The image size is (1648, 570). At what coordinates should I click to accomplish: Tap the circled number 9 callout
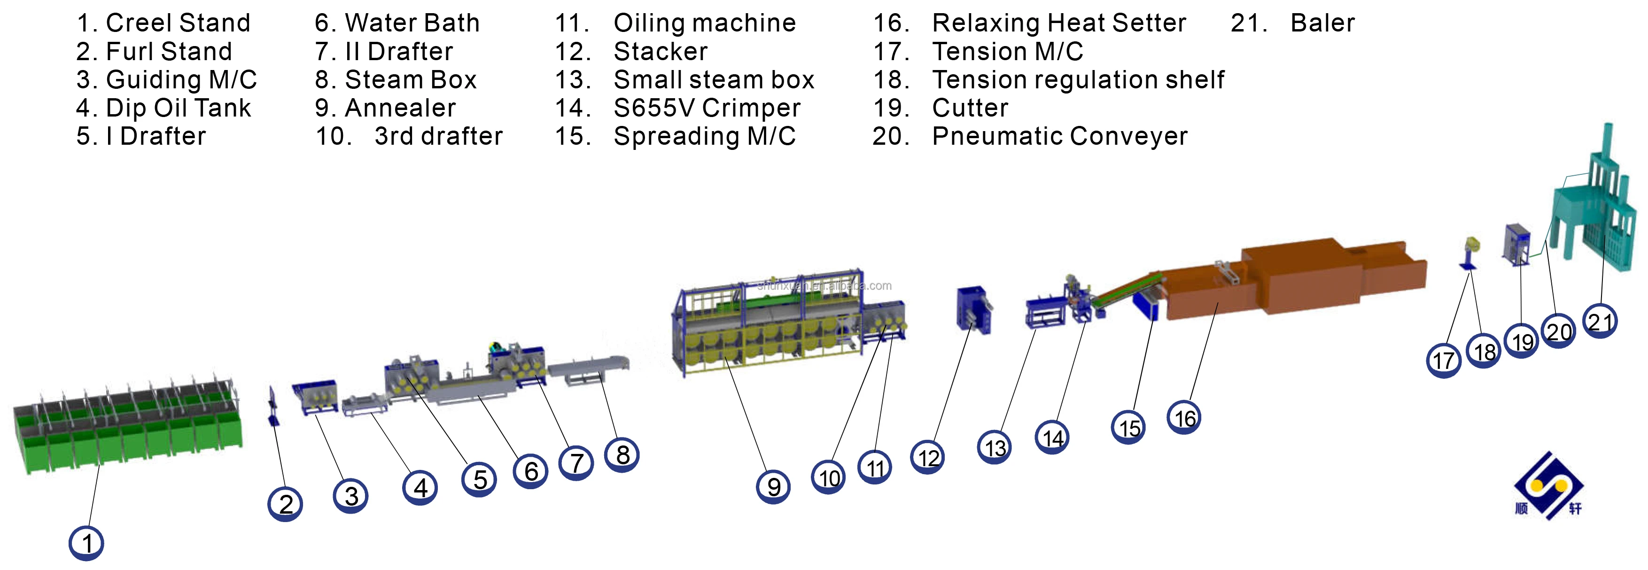click(x=773, y=487)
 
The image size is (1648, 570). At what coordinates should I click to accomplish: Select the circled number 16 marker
click(x=1184, y=418)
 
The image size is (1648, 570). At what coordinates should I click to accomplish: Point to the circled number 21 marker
click(x=1600, y=320)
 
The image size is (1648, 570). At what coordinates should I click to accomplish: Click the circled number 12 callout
click(x=928, y=457)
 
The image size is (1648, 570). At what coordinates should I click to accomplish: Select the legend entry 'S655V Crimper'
click(x=706, y=108)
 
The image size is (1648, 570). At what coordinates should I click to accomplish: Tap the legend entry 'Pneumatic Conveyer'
click(x=1059, y=136)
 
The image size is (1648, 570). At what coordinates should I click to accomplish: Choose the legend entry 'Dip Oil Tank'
click(x=178, y=108)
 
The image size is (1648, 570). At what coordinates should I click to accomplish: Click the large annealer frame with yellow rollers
click(x=768, y=326)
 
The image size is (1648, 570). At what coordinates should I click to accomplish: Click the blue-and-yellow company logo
click(x=1548, y=486)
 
